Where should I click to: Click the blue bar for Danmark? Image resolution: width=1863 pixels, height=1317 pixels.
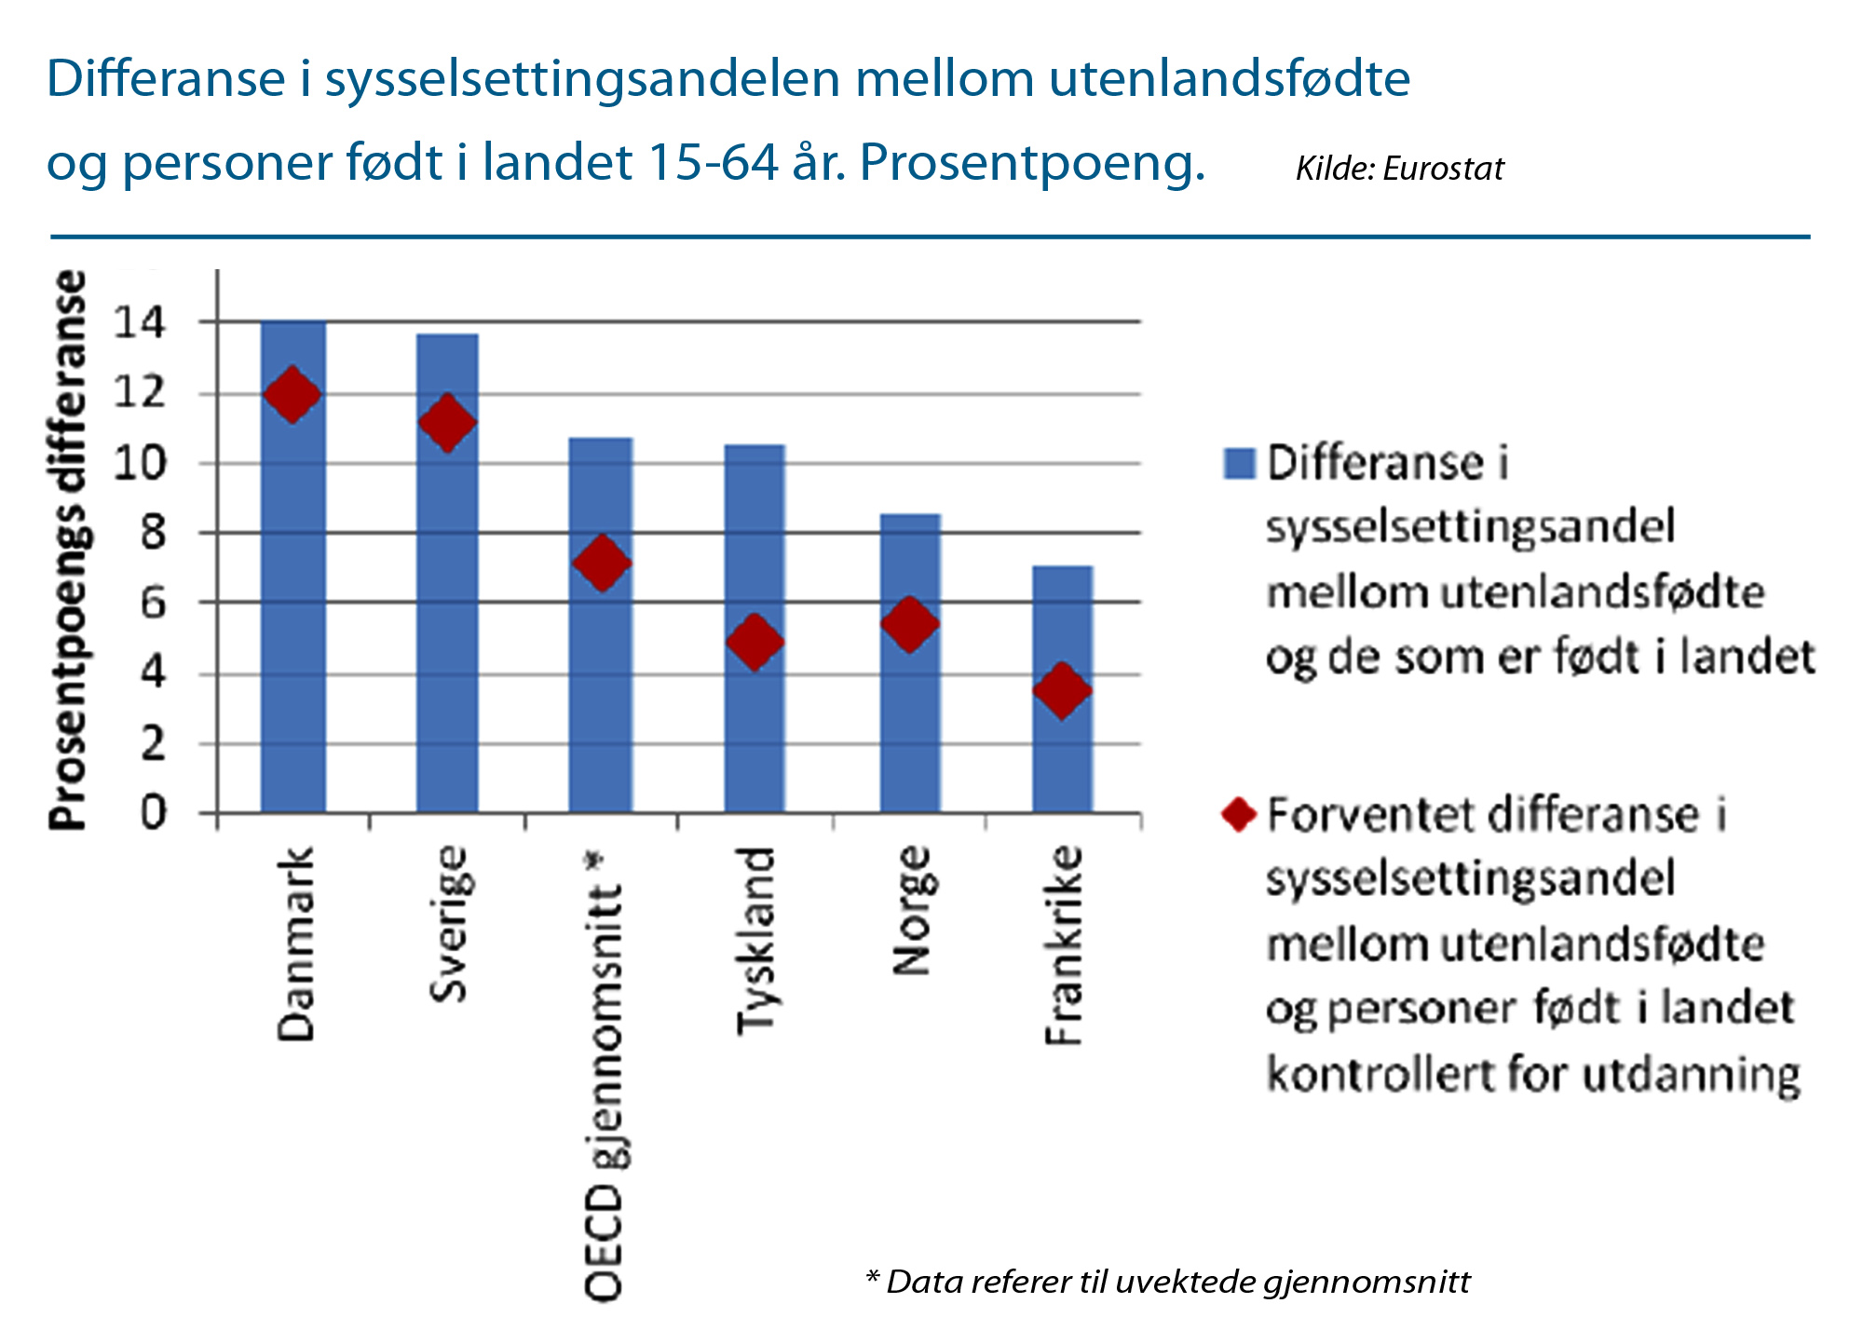[293, 605]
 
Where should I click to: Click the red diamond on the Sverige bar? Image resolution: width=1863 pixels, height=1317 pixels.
[447, 423]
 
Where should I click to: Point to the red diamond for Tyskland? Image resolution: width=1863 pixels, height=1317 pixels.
[755, 641]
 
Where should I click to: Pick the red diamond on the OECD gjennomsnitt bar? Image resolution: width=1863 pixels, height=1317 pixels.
[602, 563]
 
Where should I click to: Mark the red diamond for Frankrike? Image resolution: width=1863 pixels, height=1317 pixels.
[1062, 690]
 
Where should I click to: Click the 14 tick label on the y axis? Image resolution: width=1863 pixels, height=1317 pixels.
[139, 323]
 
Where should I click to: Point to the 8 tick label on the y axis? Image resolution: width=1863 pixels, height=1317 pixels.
[152, 533]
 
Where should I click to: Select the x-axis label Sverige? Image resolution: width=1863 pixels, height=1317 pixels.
[449, 924]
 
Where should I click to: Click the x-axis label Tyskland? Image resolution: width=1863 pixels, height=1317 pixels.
[755, 941]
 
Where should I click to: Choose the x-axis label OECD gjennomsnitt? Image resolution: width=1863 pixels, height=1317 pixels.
[604, 1076]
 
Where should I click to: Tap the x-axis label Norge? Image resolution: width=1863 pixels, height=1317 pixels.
[911, 910]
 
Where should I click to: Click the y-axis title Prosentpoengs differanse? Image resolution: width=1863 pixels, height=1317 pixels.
[69, 550]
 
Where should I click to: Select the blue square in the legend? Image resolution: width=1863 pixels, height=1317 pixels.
[1239, 463]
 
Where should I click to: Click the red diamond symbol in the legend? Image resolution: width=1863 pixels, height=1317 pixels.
[1239, 814]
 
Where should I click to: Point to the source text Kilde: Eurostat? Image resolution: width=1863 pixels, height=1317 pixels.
[1399, 169]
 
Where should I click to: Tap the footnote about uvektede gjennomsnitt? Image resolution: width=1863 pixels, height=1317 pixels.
[1167, 1282]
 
